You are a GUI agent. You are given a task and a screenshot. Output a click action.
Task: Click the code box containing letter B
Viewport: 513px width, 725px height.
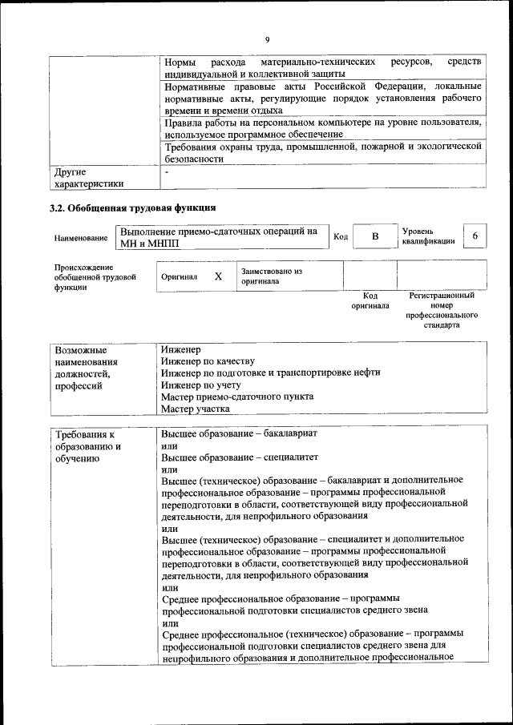[374, 237]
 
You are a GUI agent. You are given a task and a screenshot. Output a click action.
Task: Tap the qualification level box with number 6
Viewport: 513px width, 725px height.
[475, 236]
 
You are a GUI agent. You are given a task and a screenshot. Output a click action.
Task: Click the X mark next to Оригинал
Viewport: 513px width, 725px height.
[218, 276]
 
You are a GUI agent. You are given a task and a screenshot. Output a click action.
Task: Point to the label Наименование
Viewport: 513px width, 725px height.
[81, 239]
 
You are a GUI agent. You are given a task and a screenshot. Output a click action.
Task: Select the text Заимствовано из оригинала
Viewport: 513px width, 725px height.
[271, 276]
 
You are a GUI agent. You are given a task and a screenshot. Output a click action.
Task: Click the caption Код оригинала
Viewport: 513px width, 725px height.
[370, 300]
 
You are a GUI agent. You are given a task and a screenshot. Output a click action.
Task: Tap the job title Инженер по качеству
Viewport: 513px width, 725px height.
[207, 361]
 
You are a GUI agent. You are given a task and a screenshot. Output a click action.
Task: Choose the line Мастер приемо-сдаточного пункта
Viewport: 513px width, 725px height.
[236, 397]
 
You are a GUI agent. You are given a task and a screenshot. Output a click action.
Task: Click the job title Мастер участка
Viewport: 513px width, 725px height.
[195, 409]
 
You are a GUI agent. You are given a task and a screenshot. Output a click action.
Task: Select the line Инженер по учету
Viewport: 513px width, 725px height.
[200, 385]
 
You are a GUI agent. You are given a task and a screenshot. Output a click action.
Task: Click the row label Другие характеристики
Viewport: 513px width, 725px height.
[88, 178]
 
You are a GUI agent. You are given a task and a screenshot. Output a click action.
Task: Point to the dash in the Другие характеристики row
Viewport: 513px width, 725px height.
[166, 172]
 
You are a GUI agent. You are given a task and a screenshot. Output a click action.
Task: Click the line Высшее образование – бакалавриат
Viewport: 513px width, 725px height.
[240, 433]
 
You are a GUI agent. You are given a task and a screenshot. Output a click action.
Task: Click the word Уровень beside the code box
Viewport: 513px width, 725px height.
[418, 231]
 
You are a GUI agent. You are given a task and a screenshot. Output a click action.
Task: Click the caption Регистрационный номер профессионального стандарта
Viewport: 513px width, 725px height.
[442, 311]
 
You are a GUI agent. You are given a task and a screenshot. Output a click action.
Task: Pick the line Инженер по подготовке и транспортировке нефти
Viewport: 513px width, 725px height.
[270, 373]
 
